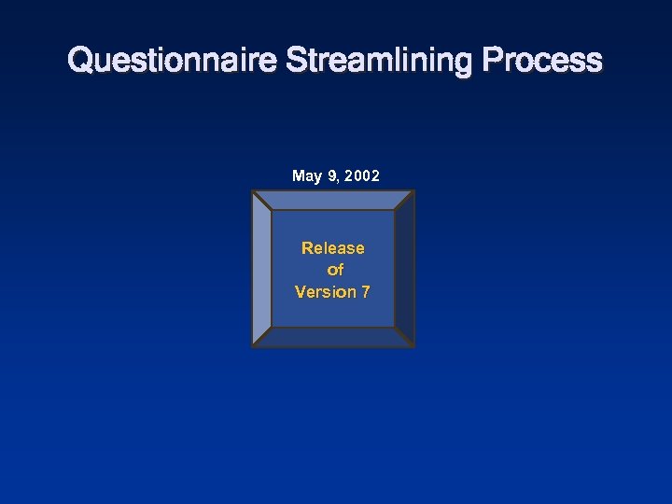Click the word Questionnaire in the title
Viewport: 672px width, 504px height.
pos(172,61)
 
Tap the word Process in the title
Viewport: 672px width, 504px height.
pos(542,61)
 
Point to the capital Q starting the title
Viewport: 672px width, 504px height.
pos(80,61)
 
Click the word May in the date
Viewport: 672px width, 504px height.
pos(307,176)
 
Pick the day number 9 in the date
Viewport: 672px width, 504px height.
pos(332,175)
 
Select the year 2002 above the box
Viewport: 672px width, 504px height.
pos(362,175)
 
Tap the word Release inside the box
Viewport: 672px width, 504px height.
pos(332,248)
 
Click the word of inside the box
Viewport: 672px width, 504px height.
pos(335,270)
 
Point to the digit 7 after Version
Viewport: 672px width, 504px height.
pos(366,292)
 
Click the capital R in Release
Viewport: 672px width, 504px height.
pos(307,248)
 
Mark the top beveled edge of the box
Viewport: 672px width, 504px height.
pos(332,200)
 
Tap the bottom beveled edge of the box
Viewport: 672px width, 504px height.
pos(332,338)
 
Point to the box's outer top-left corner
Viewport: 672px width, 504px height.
pos(252,191)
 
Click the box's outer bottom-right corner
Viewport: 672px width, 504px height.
pos(413,347)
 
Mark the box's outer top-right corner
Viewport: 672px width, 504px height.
pos(413,191)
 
